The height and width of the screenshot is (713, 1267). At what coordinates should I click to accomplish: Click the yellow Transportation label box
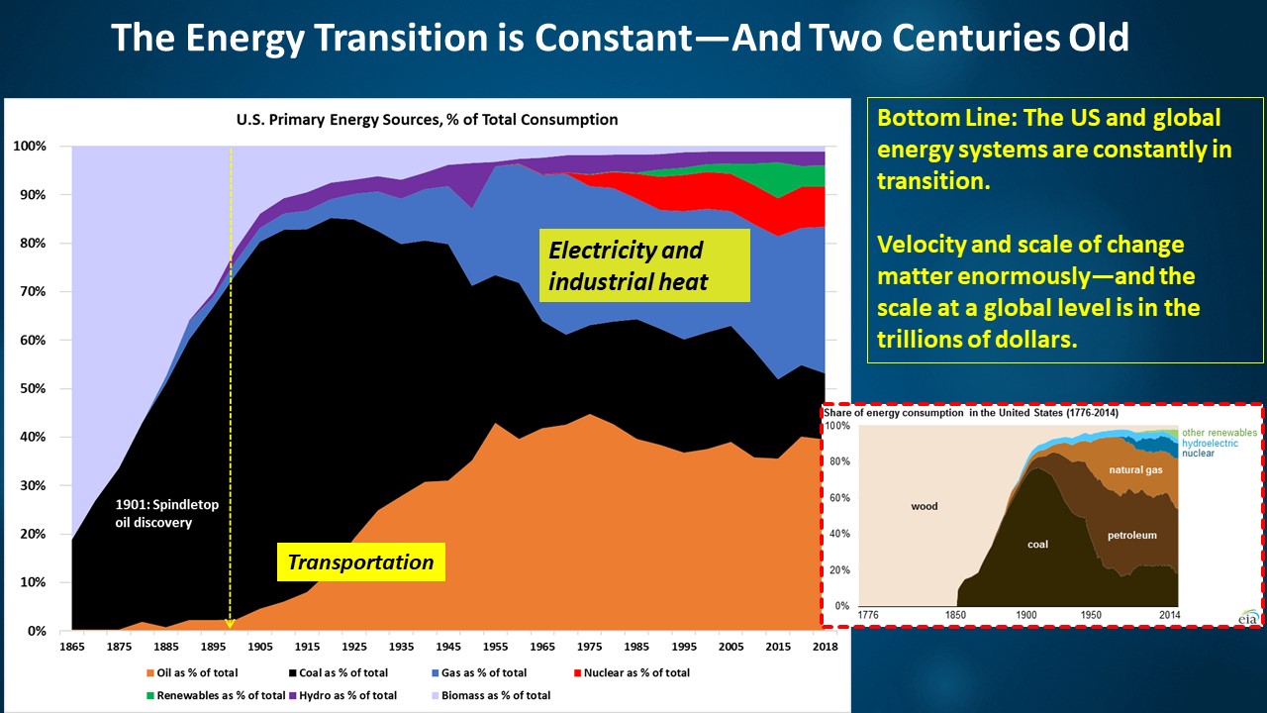360,562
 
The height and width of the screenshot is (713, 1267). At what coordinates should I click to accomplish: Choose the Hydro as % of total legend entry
349,695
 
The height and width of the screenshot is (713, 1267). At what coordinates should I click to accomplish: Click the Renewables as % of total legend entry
222,695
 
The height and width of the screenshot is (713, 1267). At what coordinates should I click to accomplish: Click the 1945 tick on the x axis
449,647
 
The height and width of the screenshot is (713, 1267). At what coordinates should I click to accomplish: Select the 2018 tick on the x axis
824,647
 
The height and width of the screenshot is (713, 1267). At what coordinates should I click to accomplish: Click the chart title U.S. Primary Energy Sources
427,120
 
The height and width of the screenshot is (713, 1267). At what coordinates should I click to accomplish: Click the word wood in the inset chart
925,506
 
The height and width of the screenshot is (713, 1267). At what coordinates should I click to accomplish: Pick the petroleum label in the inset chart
1131,535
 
